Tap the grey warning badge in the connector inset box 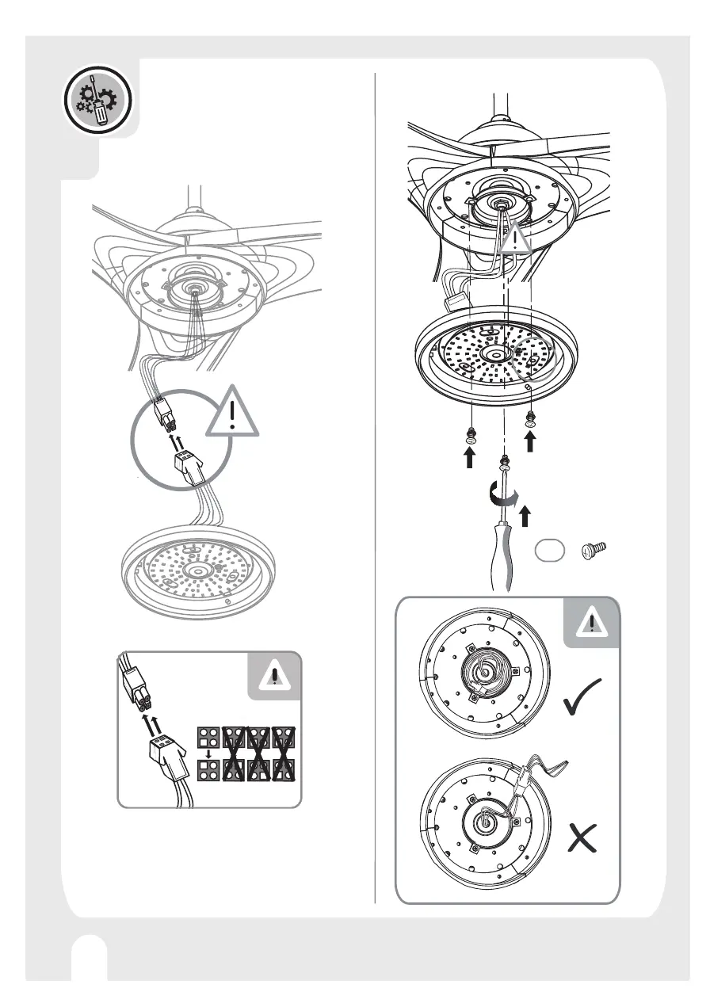(x=274, y=676)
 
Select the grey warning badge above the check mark (x=590, y=624)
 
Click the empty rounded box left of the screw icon (x=548, y=551)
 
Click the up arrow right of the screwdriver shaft (x=525, y=517)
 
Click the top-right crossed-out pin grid (x=283, y=736)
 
